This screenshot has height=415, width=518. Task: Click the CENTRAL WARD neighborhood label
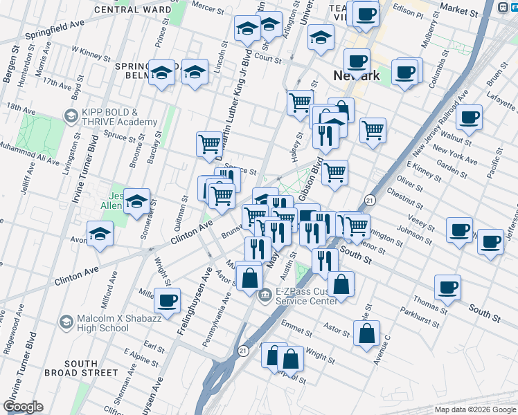click(x=132, y=10)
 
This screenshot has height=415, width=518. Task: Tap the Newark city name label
click(x=357, y=75)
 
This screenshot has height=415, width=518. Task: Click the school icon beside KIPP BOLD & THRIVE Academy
click(x=71, y=116)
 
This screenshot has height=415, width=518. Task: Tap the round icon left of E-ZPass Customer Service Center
click(x=265, y=296)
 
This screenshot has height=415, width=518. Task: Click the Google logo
click(x=23, y=407)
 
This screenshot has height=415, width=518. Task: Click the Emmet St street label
click(x=297, y=324)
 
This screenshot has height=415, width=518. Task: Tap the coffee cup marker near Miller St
click(x=168, y=301)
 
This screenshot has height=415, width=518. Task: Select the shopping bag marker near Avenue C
click(x=366, y=333)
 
